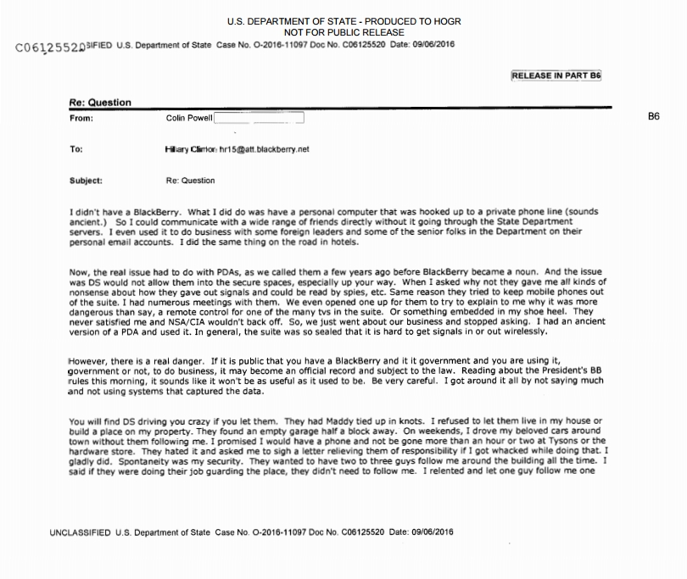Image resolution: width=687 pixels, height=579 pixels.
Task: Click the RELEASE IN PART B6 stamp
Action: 556,75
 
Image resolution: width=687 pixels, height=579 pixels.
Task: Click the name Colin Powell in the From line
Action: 189,118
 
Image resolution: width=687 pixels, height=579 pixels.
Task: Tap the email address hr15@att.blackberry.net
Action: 265,149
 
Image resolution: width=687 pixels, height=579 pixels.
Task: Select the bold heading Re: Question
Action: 100,103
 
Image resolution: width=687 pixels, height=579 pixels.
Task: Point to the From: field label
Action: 81,118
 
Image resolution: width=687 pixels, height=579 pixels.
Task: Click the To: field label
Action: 76,149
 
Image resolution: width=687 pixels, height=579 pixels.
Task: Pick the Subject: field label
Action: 86,181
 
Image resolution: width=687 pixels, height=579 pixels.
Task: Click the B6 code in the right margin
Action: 653,117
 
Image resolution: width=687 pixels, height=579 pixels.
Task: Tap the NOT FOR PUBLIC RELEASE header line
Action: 344,32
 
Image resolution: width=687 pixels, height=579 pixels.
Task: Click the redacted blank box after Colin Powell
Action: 259,118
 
